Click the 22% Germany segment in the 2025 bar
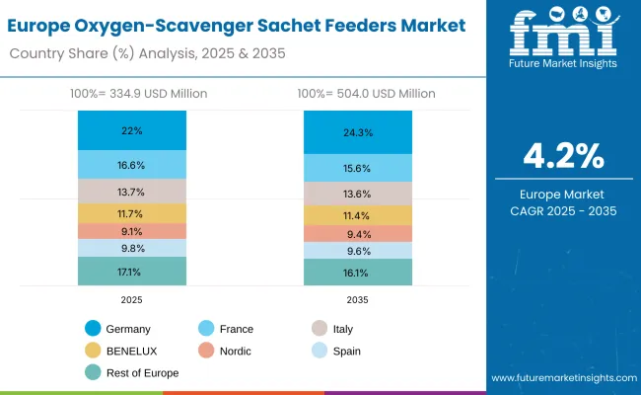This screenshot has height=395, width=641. [x=131, y=130]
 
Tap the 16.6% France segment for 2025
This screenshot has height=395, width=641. [x=131, y=165]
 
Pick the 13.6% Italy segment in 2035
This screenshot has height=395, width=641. [x=357, y=194]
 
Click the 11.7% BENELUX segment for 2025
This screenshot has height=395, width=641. [x=131, y=213]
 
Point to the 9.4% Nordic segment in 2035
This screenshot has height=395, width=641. [x=357, y=234]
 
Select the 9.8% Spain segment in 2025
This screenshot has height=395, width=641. [x=131, y=248]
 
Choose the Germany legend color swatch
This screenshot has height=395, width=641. [x=94, y=329]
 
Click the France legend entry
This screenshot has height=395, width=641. [x=234, y=329]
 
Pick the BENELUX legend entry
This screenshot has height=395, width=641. [x=128, y=351]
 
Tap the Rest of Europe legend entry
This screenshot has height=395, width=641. [x=136, y=372]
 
